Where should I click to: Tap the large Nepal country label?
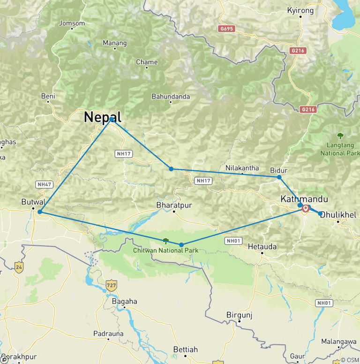point(103,117)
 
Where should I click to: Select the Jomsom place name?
point(72,23)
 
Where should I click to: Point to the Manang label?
point(115,44)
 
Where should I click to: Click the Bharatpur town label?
point(174,205)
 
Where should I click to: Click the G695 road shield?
point(226,29)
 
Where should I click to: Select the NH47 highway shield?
point(44,184)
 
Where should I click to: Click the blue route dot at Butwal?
point(40,212)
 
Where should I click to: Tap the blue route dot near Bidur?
point(279,177)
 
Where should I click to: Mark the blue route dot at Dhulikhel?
point(321,214)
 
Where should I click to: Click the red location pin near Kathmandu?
point(306,208)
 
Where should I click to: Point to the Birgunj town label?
point(239,315)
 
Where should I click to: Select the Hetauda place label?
point(262,246)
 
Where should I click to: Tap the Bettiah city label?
point(186,349)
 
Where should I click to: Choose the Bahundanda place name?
point(171,97)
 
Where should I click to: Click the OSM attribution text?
point(351,360)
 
